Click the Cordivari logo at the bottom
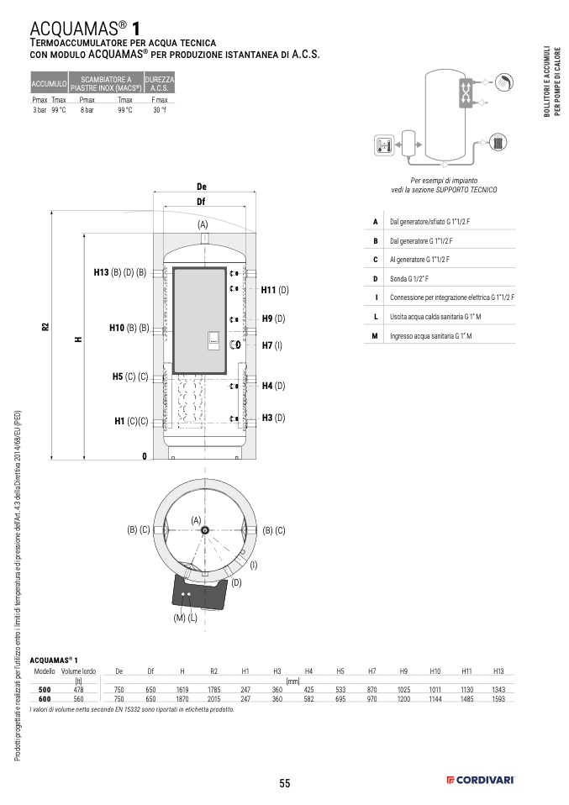click(x=480, y=781)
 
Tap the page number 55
click(x=284, y=783)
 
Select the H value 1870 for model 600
click(x=182, y=699)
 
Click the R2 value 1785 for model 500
click(x=214, y=690)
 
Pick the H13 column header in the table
click(x=498, y=671)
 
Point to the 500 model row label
click(x=45, y=690)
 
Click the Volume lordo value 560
click(x=78, y=699)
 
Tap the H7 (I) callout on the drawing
click(x=272, y=345)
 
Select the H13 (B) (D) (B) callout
click(x=119, y=272)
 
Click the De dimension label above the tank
click(x=202, y=187)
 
